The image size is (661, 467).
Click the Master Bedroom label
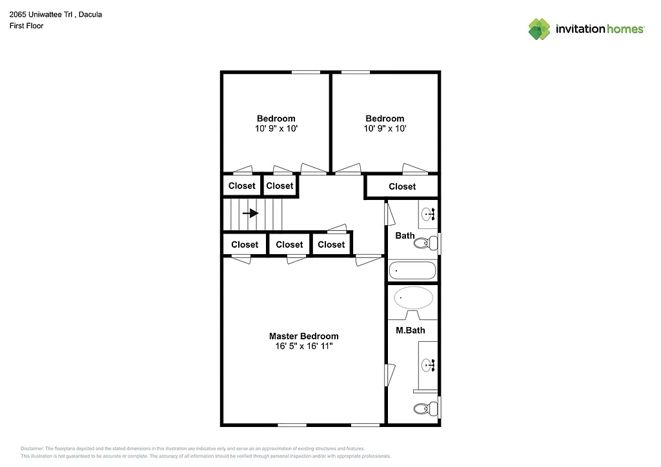point(303,336)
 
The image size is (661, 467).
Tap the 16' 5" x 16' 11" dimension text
point(303,346)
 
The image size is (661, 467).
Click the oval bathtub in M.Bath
point(414,298)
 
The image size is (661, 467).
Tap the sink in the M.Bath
point(429,366)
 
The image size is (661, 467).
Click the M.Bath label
point(410,330)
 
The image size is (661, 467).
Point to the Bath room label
point(405,235)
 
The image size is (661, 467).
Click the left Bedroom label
point(276,118)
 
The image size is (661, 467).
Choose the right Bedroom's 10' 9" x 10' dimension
point(385,128)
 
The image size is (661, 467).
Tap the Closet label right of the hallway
point(402,186)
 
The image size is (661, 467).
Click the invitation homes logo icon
point(539,29)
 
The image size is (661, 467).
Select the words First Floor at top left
point(26,26)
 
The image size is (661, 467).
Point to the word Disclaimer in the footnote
point(32,448)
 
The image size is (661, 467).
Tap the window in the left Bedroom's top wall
point(305,72)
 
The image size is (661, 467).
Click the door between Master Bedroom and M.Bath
point(389,375)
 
